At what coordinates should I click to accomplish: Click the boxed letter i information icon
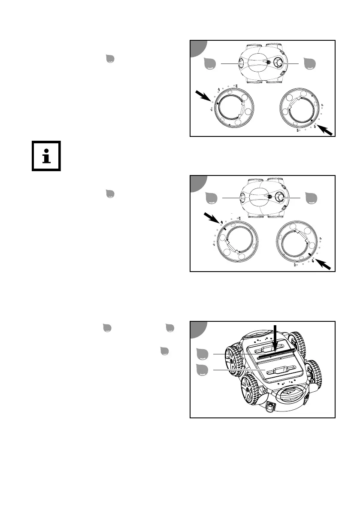[x=46, y=155]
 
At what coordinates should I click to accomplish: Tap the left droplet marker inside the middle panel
[x=211, y=198]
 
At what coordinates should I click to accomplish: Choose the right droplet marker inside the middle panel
[x=310, y=197]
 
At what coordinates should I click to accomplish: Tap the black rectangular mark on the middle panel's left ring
[x=224, y=229]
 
